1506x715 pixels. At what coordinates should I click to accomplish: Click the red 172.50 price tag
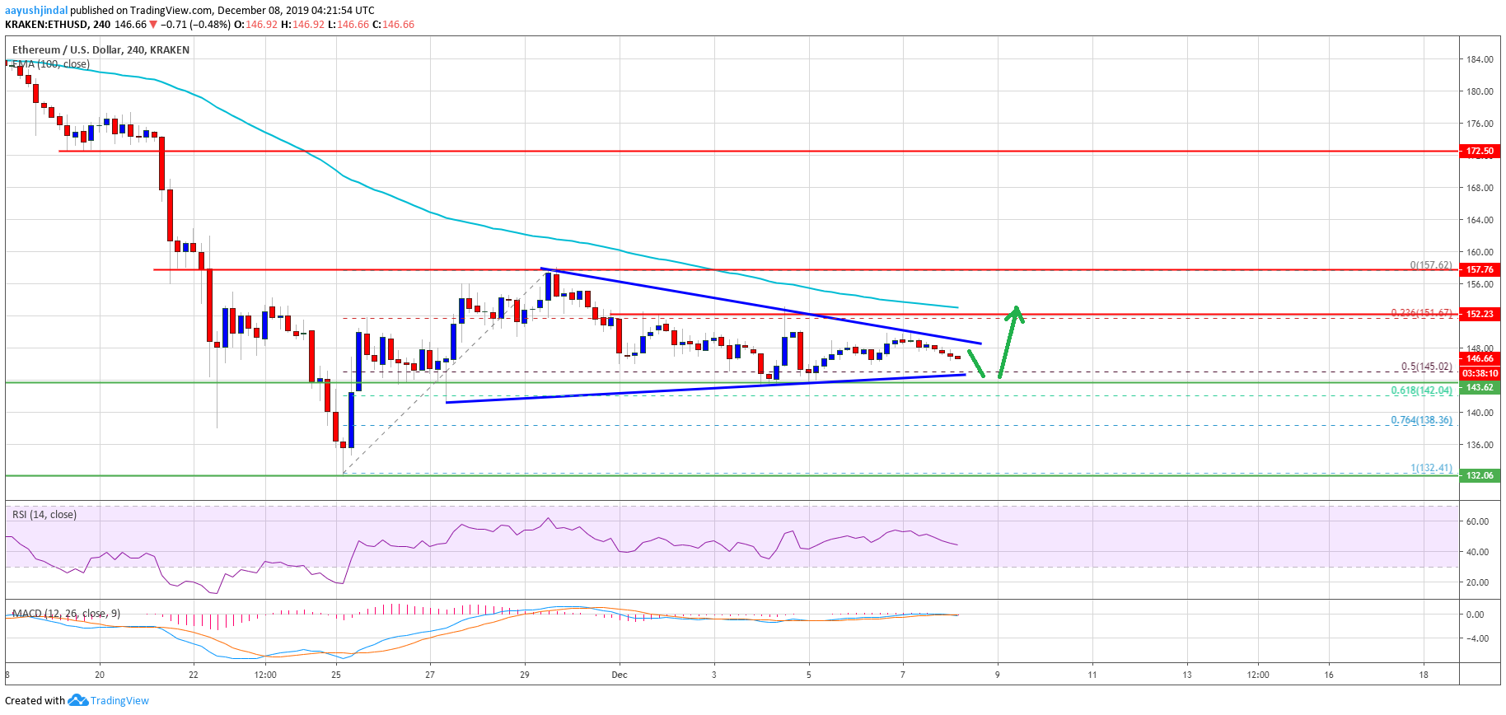[1480, 151]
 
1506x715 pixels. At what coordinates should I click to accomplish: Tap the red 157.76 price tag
[1480, 269]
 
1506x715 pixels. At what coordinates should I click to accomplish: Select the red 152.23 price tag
[1480, 314]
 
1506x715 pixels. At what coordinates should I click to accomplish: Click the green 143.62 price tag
[1480, 387]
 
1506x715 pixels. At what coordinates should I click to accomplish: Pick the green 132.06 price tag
[1480, 475]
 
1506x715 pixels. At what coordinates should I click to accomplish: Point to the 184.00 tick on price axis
[1480, 59]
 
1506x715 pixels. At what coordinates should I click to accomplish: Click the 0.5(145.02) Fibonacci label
[1426, 367]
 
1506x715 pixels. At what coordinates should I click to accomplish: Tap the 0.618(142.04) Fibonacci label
[1421, 390]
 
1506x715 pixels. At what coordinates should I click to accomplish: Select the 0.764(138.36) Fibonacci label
[1421, 420]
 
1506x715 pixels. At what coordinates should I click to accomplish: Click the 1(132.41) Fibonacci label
[1431, 468]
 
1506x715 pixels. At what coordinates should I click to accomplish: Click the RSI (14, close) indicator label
[44, 515]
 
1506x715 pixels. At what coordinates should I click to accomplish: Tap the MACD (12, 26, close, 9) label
[66, 614]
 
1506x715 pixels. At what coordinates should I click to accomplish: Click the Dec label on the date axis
[620, 675]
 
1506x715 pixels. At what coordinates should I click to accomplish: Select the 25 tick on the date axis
[336, 675]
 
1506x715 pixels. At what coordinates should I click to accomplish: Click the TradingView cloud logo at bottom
[77, 700]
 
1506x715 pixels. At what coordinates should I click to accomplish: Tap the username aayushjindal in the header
[36, 11]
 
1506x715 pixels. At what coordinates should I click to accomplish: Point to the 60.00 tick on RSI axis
[1477, 521]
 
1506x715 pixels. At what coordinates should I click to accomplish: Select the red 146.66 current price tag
[1480, 358]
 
